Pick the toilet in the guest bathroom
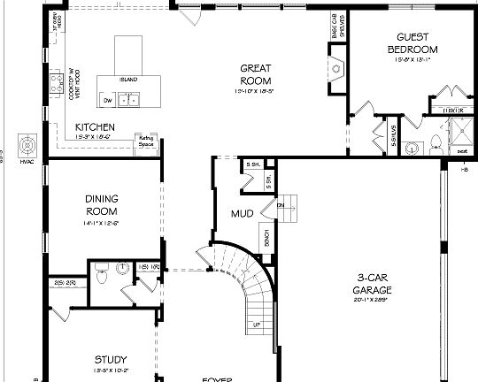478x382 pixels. coord(437,144)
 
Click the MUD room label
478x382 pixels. coord(242,213)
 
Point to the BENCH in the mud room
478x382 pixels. coord(266,237)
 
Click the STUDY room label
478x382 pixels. coord(112,359)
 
